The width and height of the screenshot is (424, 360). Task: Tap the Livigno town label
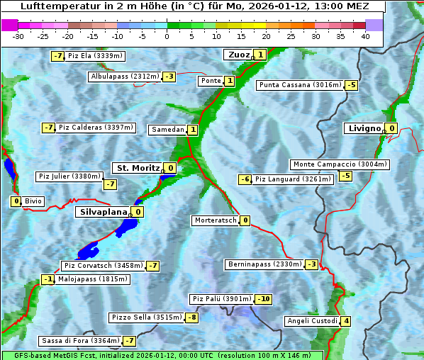click(364, 128)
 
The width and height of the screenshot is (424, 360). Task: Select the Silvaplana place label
click(104, 211)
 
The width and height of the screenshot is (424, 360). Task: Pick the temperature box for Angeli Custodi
click(345, 321)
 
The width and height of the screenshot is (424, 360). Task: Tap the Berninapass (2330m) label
click(265, 264)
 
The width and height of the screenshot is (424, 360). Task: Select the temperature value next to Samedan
click(193, 130)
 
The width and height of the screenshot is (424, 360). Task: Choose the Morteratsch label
click(215, 220)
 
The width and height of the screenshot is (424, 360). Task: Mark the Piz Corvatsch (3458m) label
click(103, 266)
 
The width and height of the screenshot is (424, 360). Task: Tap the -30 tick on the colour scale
click(18, 36)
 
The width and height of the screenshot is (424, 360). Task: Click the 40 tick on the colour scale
click(365, 36)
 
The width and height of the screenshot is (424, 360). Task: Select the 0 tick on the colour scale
click(167, 36)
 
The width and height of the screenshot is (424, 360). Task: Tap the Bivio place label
click(33, 201)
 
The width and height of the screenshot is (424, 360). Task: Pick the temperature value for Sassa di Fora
click(129, 341)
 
